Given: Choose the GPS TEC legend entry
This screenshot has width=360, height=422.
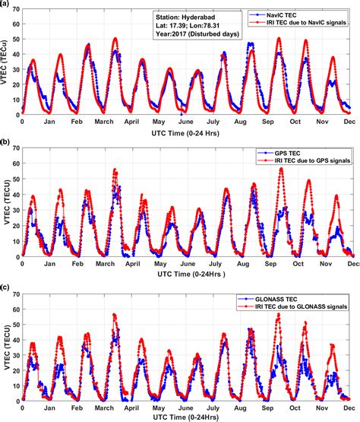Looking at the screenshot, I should pyautogui.click(x=283, y=154).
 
